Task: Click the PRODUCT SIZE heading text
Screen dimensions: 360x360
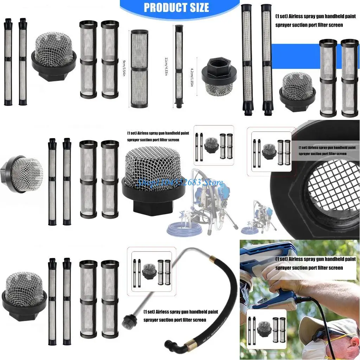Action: [176, 7]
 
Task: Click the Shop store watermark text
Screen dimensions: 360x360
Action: [180, 182]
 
